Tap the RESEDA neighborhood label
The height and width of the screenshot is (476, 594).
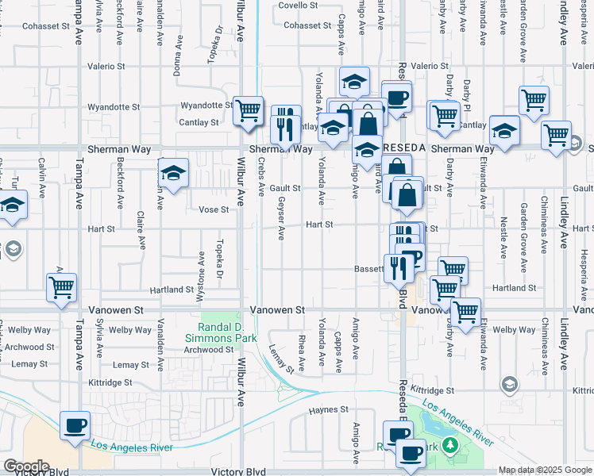pos(406,148)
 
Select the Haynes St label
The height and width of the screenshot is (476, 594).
pos(329,409)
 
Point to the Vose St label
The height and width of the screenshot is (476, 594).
pos(214,209)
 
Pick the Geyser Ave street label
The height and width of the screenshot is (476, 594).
pos(281,219)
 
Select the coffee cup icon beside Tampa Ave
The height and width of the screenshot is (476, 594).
pos(75,425)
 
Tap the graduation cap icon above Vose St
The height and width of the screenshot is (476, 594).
pos(172,171)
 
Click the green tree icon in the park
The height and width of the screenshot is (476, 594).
pos(451,444)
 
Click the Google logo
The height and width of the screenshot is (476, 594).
pos(25,466)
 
